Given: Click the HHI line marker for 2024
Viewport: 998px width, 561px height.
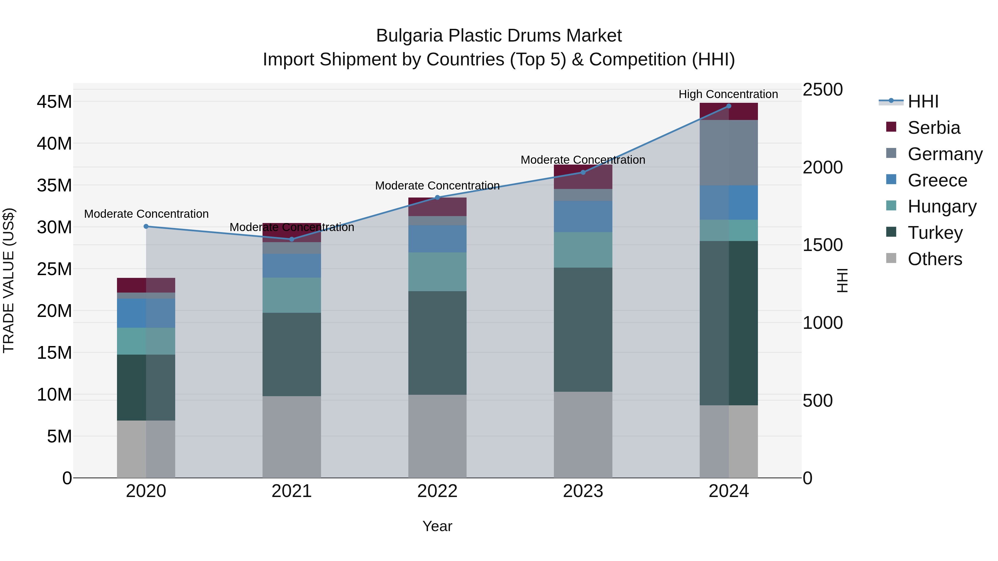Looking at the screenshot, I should [x=728, y=106].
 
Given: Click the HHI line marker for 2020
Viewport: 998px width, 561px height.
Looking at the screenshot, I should [x=146, y=227].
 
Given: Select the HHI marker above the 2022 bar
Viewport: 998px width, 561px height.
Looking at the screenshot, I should [x=437, y=198].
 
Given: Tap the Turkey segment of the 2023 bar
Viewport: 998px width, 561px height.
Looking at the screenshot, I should [x=583, y=329].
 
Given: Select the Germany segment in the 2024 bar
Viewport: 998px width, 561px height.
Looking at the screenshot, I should [x=728, y=153].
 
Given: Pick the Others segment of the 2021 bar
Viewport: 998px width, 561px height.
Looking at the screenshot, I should [x=291, y=437].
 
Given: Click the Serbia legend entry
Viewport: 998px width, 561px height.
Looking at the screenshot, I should [x=933, y=128].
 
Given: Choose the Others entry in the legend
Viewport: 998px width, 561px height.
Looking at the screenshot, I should [x=935, y=259].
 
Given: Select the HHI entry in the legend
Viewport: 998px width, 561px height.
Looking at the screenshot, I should [x=923, y=101].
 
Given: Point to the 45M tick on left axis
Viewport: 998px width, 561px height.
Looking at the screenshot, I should [x=54, y=102].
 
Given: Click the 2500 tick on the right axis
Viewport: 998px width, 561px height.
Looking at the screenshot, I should [x=822, y=89].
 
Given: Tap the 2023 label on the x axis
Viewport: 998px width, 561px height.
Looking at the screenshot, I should [x=583, y=491].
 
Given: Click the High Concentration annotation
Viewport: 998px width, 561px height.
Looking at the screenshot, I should [x=728, y=94].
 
